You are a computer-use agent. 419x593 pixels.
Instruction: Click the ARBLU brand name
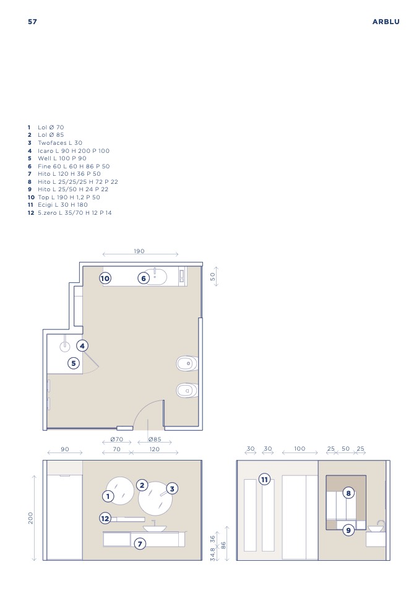point(386,22)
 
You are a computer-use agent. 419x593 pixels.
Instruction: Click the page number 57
point(33,22)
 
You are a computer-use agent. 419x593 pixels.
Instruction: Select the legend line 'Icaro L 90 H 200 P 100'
point(74,150)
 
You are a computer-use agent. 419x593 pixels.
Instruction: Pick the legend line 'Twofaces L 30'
point(60,142)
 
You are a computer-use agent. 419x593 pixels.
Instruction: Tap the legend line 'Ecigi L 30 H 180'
point(63,205)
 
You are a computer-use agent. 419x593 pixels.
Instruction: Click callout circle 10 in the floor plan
point(105,279)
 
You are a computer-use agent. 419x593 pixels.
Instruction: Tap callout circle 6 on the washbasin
point(144,279)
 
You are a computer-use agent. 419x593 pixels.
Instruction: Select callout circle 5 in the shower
point(74,363)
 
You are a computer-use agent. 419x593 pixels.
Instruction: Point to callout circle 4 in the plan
point(82,345)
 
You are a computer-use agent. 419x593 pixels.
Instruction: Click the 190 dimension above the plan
point(139,251)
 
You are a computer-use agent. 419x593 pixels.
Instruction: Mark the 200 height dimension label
point(30,517)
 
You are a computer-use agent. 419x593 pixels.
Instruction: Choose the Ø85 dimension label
point(155,439)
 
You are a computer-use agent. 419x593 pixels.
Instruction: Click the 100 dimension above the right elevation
point(300,449)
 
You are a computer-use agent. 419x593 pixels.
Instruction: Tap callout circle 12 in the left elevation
point(105,519)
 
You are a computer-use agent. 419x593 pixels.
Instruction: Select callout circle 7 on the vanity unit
point(140,544)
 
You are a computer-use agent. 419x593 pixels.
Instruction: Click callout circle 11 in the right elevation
point(264,480)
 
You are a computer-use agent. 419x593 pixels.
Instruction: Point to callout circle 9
point(348,530)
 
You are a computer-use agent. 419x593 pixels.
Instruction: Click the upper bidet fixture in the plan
point(187,363)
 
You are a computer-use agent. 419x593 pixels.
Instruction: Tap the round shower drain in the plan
point(65,347)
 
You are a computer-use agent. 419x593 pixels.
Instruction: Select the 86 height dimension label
point(223,545)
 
